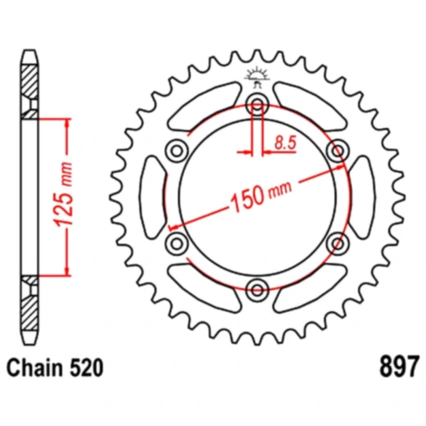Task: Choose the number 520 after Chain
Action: click(x=84, y=369)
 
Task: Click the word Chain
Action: click(x=36, y=369)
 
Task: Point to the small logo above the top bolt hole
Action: click(x=257, y=79)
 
